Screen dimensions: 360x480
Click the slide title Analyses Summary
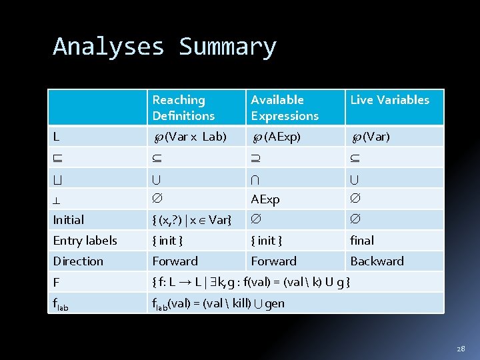165,47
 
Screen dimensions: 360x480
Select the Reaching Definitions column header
183,107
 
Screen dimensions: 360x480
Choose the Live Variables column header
389,100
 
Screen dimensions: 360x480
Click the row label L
57,137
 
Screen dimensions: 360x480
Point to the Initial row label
69,219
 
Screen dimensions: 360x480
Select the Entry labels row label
85,240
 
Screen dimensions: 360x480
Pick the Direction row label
78,261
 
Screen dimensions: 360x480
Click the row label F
57,281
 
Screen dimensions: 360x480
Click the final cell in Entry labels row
362,240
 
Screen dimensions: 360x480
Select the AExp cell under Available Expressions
265,199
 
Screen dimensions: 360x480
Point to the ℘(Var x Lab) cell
190,137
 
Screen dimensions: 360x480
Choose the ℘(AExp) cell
276,137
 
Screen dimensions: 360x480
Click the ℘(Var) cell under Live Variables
371,137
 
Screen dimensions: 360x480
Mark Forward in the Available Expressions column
273,261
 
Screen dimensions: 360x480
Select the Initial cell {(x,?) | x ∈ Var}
192,219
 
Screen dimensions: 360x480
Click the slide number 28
461,349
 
